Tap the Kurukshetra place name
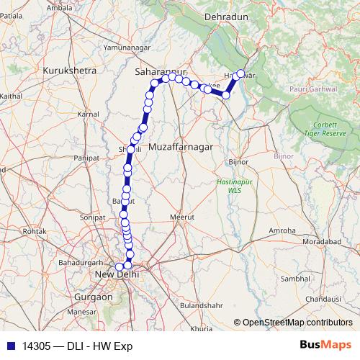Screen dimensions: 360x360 (x=70, y=72)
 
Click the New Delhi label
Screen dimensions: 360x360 (x=117, y=274)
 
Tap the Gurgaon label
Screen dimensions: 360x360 (x=96, y=297)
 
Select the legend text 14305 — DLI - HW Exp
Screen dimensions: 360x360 (x=77, y=345)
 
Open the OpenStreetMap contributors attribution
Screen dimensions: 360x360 (x=297, y=323)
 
